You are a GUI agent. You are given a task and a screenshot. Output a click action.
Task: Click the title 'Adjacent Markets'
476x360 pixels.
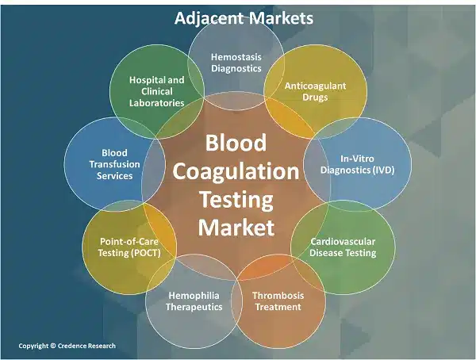coord(244,18)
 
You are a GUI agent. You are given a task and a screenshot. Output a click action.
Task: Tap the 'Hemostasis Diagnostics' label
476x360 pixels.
coord(236,63)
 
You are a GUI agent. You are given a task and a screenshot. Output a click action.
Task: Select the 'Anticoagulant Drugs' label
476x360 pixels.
coord(315,91)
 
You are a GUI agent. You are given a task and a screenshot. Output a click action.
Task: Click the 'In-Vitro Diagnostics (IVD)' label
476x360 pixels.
coord(357,164)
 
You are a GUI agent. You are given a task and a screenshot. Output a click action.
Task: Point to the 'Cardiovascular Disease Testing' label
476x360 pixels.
coord(343,247)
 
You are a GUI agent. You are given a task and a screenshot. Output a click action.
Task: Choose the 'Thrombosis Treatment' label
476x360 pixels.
coord(278,301)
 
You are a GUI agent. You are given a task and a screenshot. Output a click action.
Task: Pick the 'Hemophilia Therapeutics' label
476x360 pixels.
coord(194,301)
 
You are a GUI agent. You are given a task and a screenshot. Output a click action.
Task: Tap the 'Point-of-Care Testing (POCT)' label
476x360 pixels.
coord(129,247)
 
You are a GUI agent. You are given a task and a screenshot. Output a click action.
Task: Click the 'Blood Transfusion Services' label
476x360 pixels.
coord(114,164)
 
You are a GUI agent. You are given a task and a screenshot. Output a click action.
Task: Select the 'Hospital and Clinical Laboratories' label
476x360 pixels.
coord(156,91)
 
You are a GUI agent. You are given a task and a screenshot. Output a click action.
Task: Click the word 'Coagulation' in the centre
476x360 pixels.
coord(236,172)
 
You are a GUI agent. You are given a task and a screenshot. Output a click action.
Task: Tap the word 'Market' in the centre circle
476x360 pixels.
coord(236,228)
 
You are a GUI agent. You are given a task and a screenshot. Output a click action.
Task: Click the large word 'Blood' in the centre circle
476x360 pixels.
coord(236,143)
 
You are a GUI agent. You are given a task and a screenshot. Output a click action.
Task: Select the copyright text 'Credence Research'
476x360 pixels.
coord(86,346)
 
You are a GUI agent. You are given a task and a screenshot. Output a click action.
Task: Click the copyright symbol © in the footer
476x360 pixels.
coord(53,346)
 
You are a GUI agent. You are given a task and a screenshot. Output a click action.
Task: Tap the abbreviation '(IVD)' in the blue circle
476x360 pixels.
coord(383,170)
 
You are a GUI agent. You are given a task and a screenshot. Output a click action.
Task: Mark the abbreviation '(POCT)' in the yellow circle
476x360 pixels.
coord(145,253)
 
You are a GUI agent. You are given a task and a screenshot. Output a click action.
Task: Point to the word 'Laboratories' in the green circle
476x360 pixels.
coord(156,103)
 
